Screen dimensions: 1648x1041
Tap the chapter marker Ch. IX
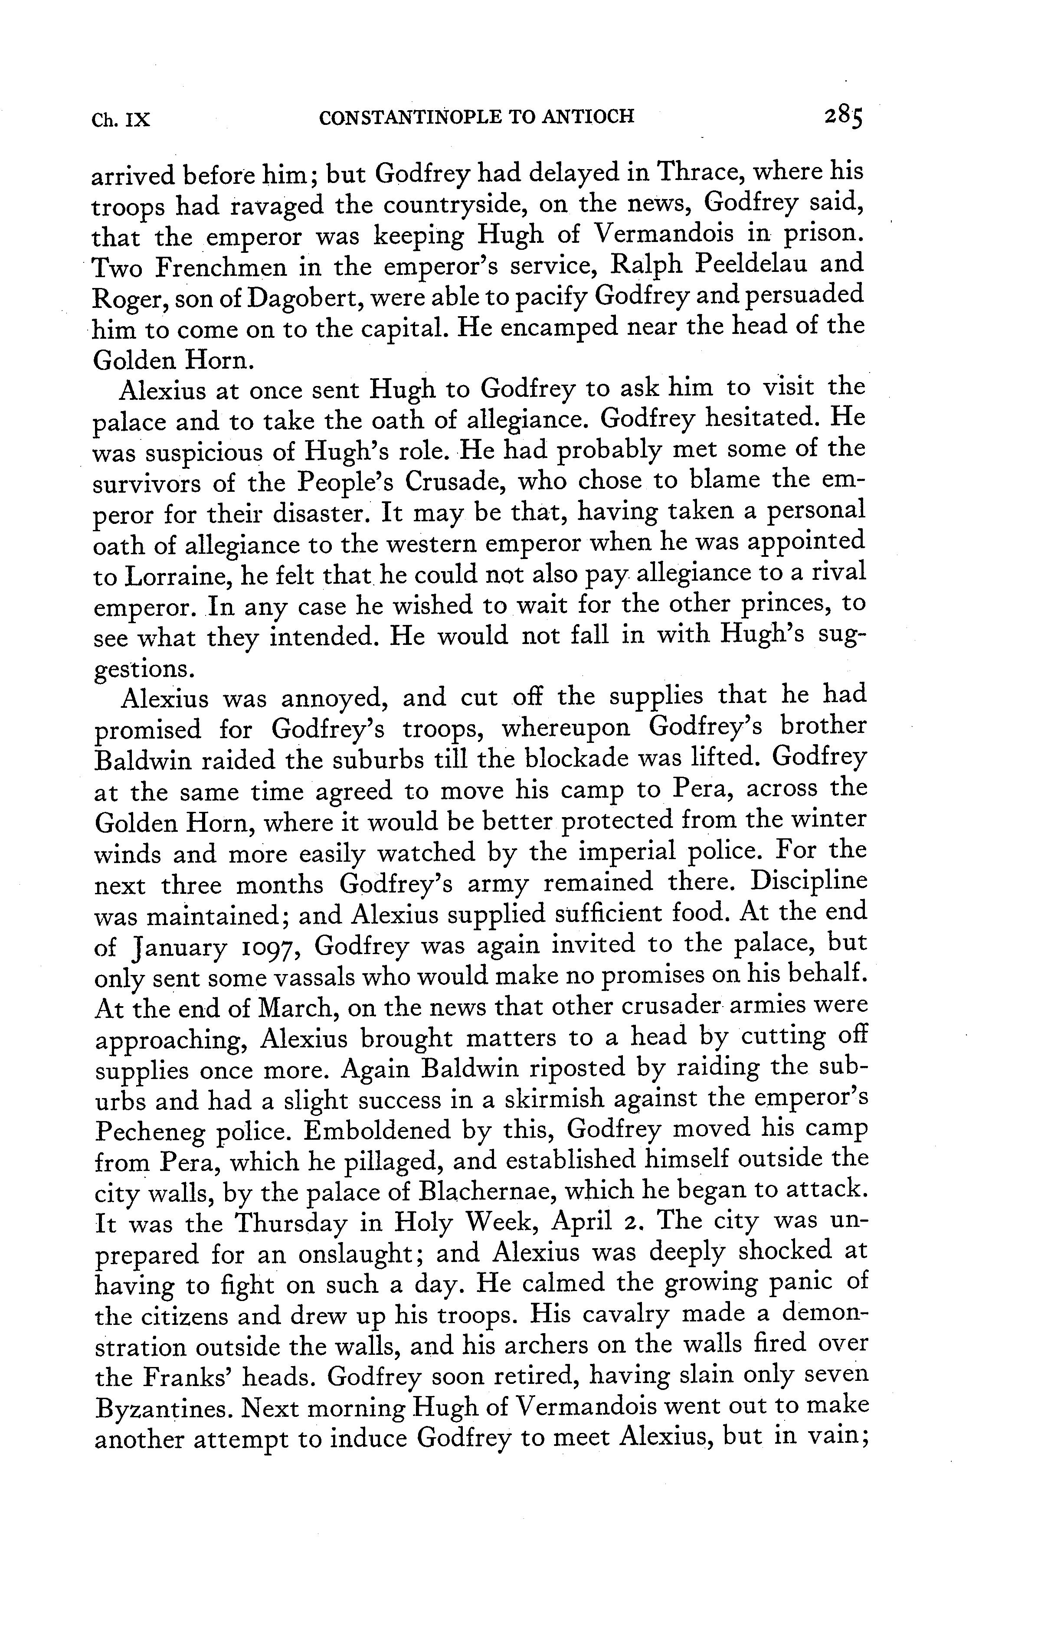121,120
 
